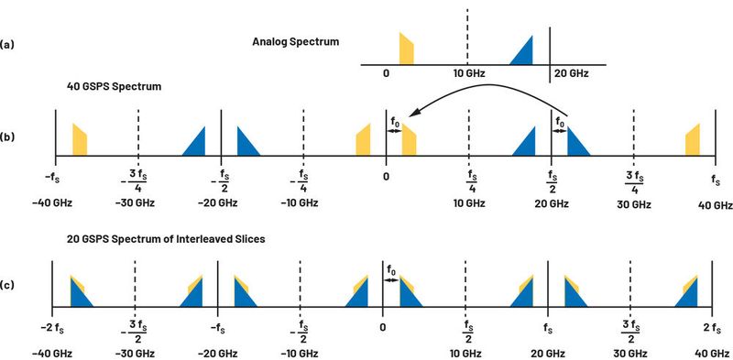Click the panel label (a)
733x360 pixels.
pos(8,43)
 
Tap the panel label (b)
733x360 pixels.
pos(8,138)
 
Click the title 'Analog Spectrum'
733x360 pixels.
pos(295,41)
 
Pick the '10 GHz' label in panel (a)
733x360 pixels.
pos(467,73)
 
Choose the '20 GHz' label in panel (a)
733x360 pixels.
pos(570,73)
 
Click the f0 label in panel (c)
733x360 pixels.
pos(392,271)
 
